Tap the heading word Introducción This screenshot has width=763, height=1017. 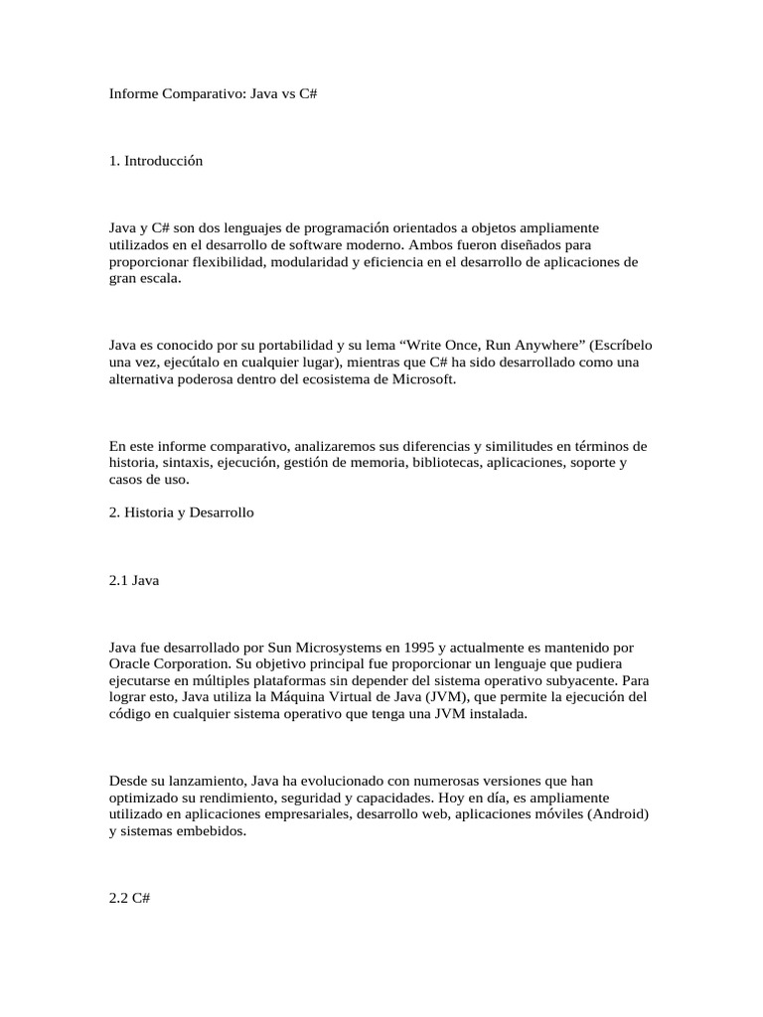[164, 161]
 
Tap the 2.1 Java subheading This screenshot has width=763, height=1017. [134, 581]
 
